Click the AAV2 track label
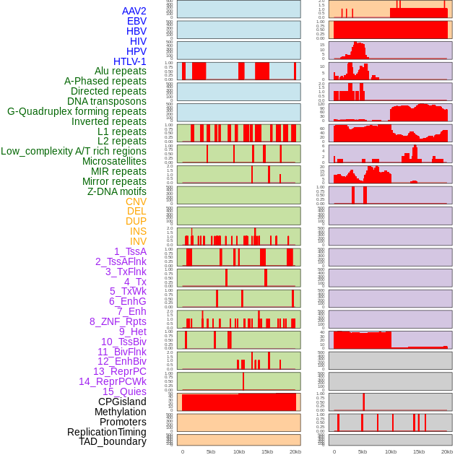pos(134,11)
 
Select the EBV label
pos(136,21)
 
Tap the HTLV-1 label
pos(130,61)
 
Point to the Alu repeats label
pos(121,71)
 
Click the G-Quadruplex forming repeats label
pos(77,111)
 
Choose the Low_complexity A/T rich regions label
pos(74,151)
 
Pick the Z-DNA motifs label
pos(117,191)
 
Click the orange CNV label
pos(136,201)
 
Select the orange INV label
pos(138,241)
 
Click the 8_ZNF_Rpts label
pos(118,321)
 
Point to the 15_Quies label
pos(124,391)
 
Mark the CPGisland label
pos(122,402)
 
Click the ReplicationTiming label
pos(107,432)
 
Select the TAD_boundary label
pos(113,441)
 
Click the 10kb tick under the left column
pos(239,451)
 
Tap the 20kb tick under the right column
pos(447,451)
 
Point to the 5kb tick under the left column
pos(211,451)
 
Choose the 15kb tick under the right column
pos(419,451)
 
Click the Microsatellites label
pos(114,161)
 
